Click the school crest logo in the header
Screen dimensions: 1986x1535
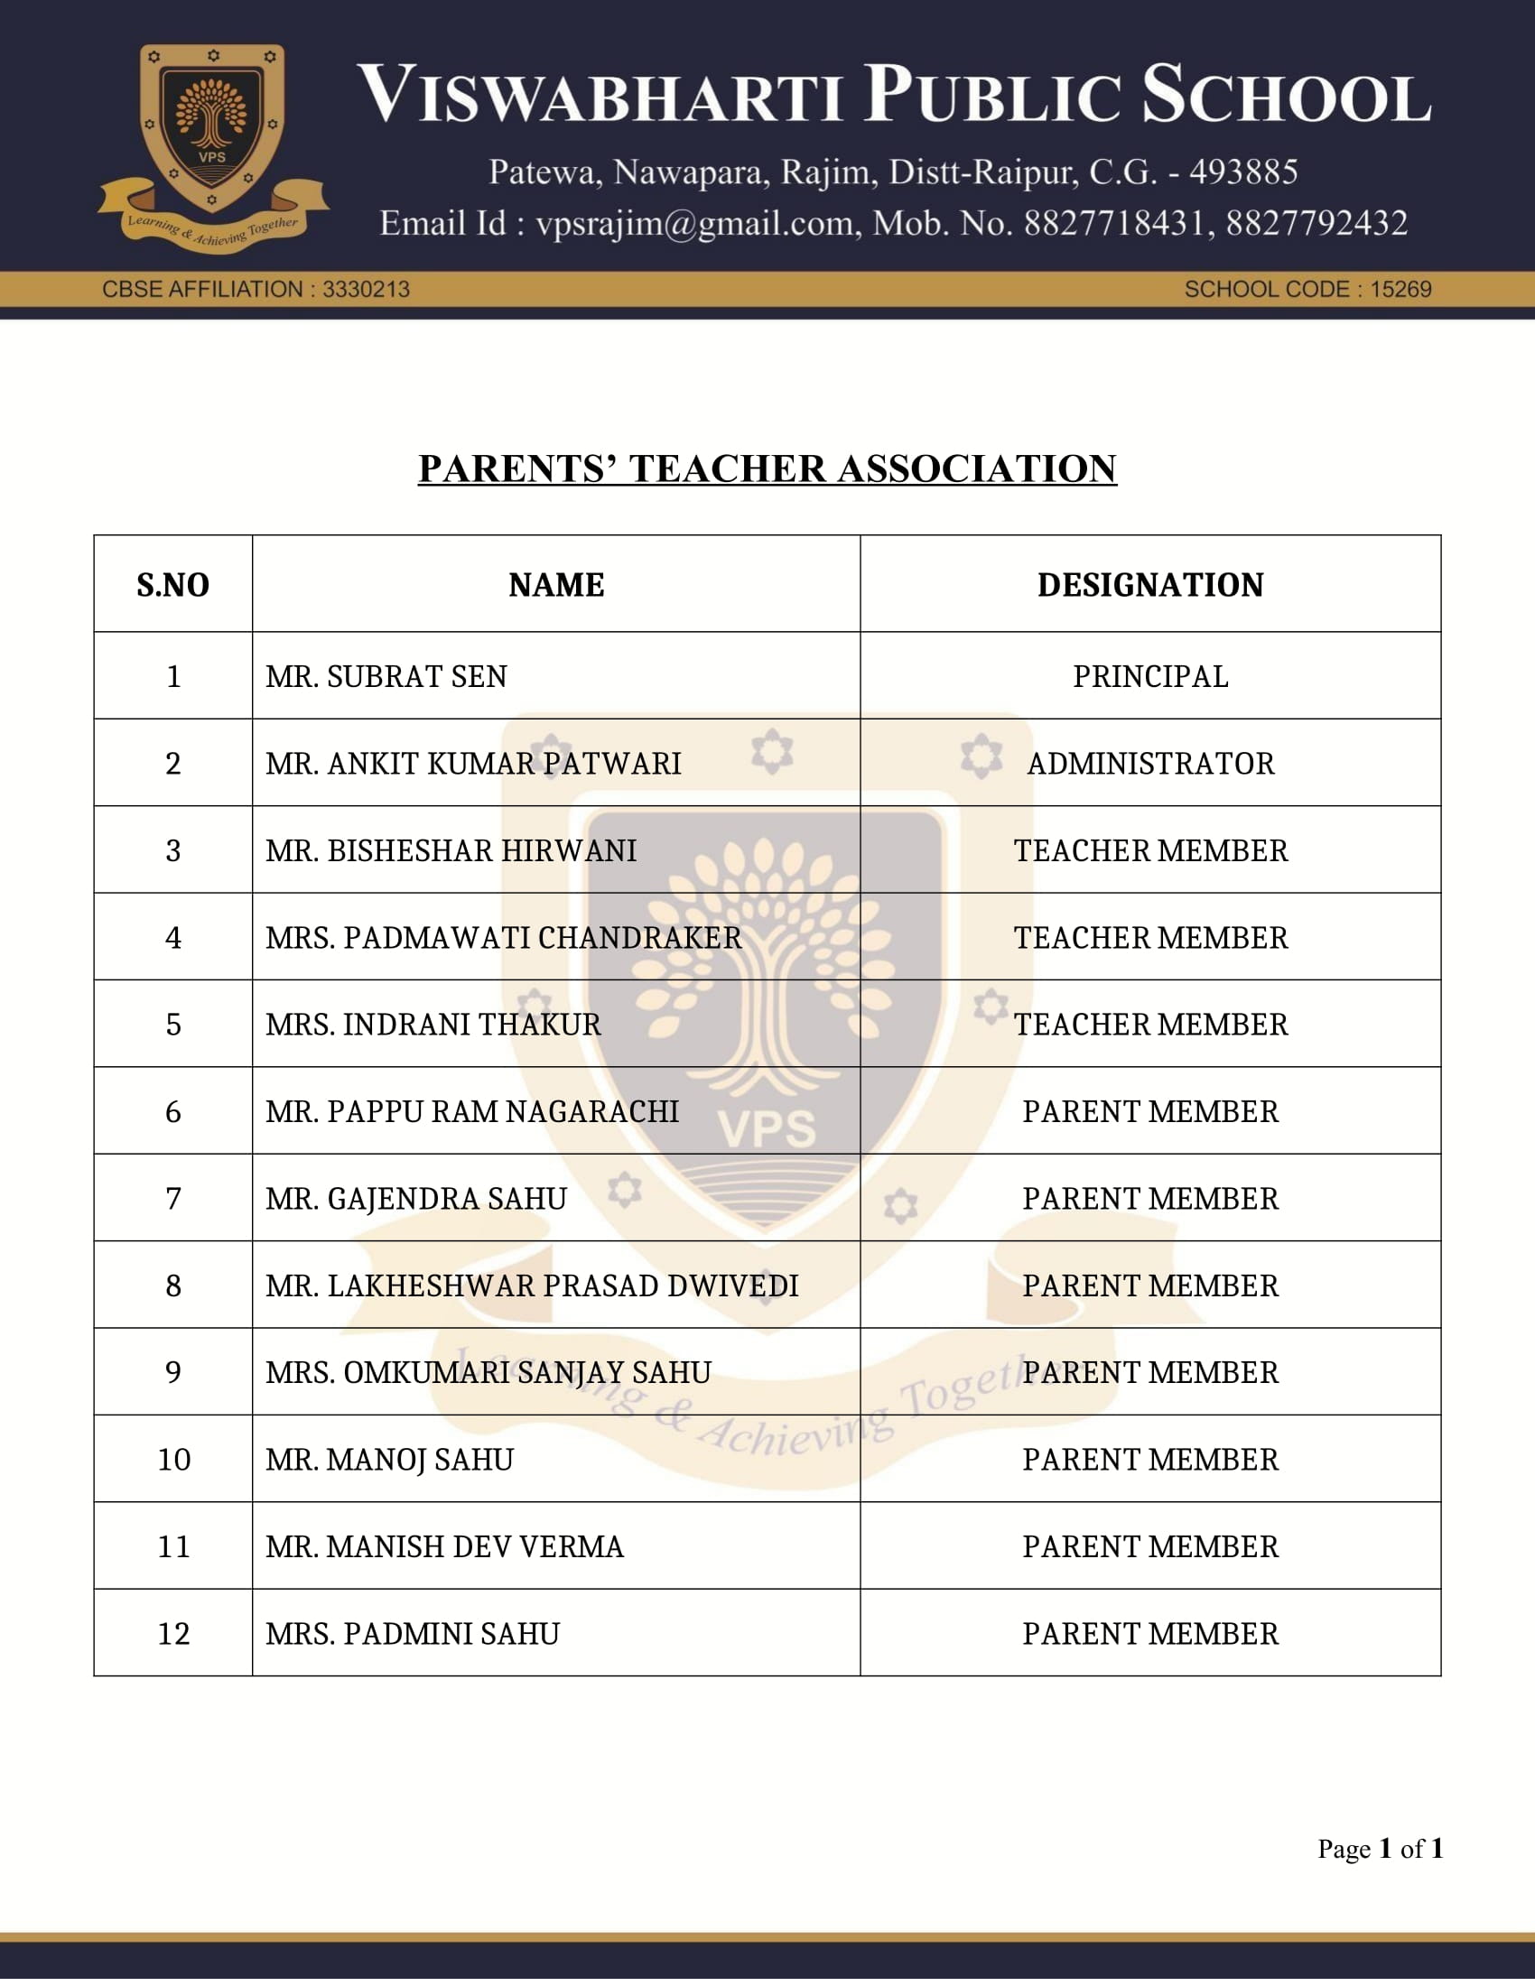[x=213, y=145]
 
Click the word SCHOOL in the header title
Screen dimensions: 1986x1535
[x=1286, y=94]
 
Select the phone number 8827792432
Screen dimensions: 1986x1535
[x=1316, y=224]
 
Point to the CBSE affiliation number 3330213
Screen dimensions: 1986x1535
[x=366, y=289]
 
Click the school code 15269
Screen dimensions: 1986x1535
[x=1400, y=289]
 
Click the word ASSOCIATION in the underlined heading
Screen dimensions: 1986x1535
[x=976, y=469]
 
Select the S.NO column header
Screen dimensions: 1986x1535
[x=172, y=585]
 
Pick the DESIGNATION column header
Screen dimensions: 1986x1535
[x=1150, y=585]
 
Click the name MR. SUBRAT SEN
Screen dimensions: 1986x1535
[x=386, y=676]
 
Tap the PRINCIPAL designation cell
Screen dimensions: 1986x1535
[x=1150, y=676]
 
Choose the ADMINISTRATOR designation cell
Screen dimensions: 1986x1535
[x=1150, y=764]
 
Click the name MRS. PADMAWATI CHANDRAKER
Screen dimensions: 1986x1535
[x=503, y=938]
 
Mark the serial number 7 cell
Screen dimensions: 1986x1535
[x=172, y=1199]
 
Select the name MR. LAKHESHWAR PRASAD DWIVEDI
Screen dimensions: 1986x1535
[x=532, y=1285]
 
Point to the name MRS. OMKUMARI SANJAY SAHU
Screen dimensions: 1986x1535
[x=488, y=1372]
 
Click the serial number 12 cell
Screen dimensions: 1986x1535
[x=172, y=1634]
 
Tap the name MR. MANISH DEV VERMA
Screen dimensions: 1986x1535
[x=444, y=1546]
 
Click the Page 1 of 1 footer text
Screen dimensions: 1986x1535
[x=1380, y=1849]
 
